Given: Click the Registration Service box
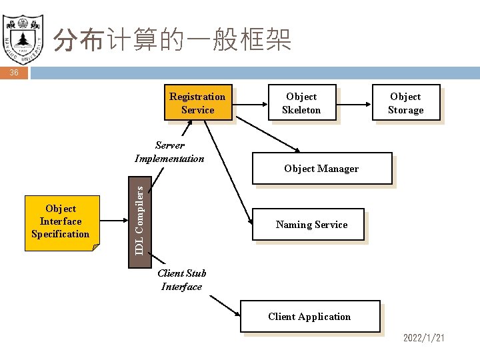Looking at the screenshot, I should (197, 103).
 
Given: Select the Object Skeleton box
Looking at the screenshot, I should (301, 103).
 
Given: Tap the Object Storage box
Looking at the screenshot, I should (405, 103).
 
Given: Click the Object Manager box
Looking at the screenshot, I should (321, 169).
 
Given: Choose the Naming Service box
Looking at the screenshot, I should (311, 225).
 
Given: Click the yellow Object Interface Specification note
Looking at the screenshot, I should (61, 222).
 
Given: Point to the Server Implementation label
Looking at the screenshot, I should (169, 152).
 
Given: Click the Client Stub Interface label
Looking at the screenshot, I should (181, 280).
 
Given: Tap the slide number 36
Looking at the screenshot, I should (14, 73).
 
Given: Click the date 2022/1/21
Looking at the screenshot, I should (423, 339).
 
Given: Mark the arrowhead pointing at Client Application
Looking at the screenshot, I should (239, 313).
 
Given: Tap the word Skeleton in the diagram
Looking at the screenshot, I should (301, 110).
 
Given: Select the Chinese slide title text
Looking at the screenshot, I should (172, 41).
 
